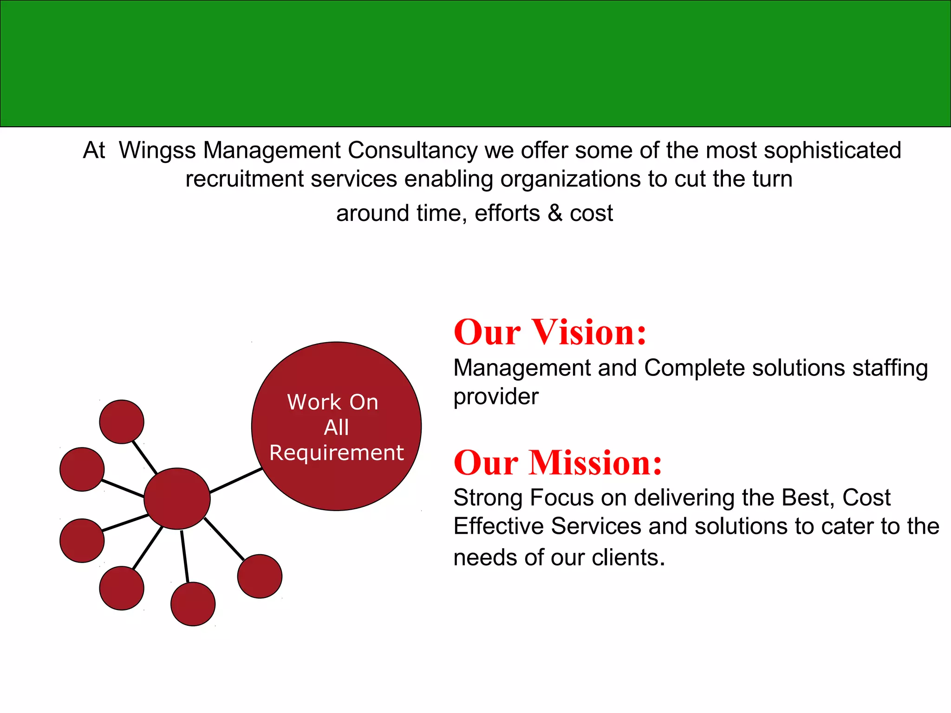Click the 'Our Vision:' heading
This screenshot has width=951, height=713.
550,332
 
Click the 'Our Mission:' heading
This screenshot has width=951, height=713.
558,463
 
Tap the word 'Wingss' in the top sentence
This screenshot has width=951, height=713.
157,151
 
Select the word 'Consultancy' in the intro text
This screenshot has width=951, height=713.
412,151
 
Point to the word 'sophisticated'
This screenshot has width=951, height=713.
832,151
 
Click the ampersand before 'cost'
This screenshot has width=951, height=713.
554,214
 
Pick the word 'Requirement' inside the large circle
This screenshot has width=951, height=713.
337,453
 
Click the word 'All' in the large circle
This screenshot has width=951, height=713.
336,428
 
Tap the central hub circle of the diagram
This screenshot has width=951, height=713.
177,499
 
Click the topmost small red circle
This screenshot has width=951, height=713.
122,421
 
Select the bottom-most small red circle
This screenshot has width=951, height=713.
193,604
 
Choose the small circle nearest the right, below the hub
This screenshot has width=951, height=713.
260,576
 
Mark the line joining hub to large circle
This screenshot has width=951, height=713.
236,480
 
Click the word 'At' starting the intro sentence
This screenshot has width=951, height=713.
94,151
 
